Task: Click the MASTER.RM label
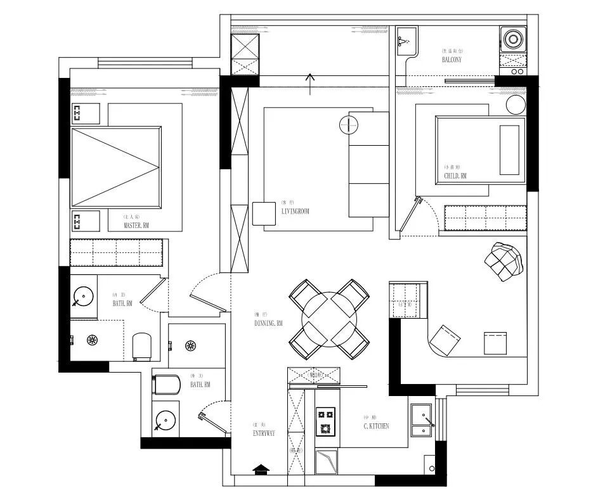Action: point(137,225)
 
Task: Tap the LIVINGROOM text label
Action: point(295,212)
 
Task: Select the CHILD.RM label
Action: point(455,176)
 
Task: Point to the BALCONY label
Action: point(452,60)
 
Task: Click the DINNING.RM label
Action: point(268,323)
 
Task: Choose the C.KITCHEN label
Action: point(376,426)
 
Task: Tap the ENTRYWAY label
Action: point(264,433)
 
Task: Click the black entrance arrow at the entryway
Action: point(261,469)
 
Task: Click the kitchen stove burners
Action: point(326,422)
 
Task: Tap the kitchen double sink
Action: point(421,420)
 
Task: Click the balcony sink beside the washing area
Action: point(405,41)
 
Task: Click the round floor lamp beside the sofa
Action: point(349,125)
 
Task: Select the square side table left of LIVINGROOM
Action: point(261,213)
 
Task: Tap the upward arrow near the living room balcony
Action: point(310,83)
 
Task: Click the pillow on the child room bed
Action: point(509,150)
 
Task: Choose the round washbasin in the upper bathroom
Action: point(83,296)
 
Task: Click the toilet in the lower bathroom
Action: point(164,383)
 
